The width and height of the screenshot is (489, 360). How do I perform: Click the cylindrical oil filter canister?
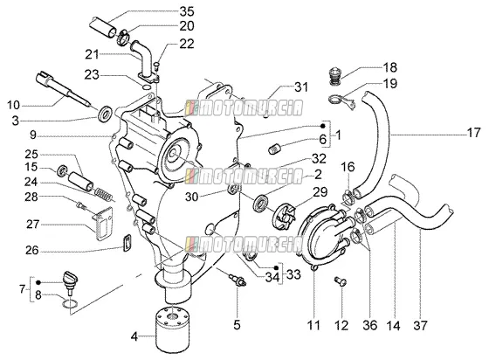170,329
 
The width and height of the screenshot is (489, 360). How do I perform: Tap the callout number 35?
187,12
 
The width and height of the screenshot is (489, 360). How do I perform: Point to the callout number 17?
473,133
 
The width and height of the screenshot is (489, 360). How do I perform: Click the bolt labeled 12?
340,281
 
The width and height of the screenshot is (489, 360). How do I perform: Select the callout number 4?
134,336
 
